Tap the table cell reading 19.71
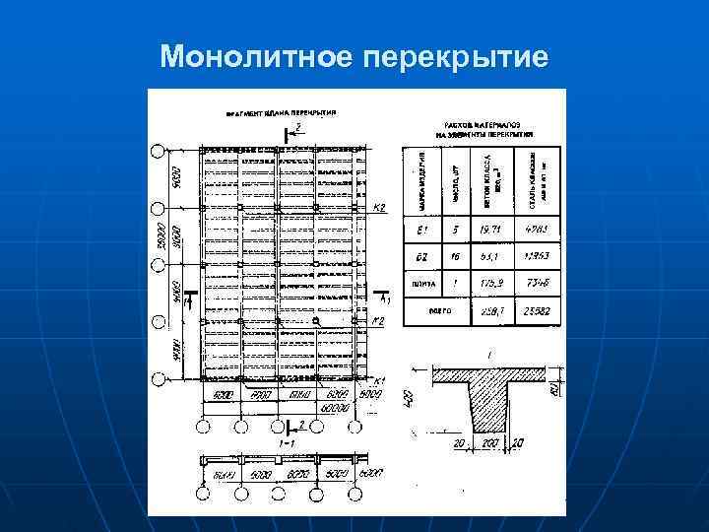coord(488,230)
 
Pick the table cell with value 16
coord(455,256)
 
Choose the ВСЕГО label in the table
coord(439,309)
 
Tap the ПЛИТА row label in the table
coord(421,283)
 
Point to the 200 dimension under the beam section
coord(487,444)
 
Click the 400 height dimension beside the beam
coord(409,399)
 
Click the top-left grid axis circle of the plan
coord(158,152)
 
